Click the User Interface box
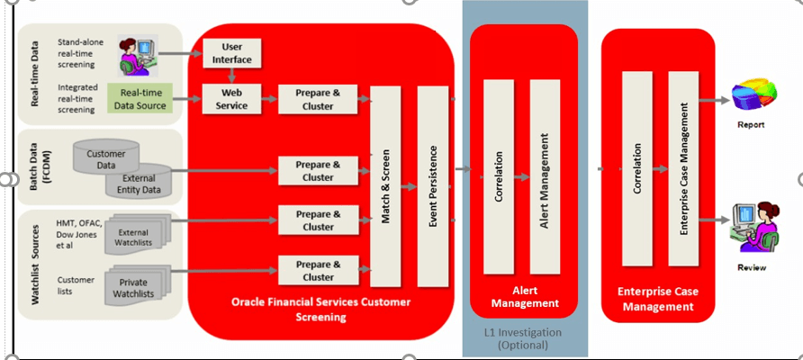pos(231,53)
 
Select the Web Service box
pos(231,100)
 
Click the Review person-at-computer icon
pos(754,230)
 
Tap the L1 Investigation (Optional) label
pos(525,339)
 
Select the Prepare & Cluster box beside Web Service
pos(318,100)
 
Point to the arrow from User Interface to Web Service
pos(231,76)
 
